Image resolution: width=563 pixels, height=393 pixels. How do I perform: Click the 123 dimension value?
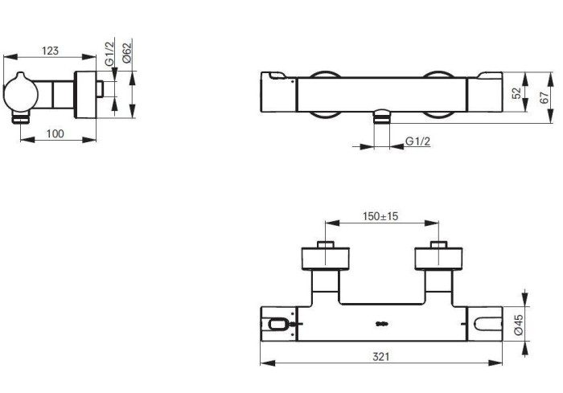pyautogui.click(x=50, y=51)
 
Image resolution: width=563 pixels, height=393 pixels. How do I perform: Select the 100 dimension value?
pyautogui.click(x=55, y=133)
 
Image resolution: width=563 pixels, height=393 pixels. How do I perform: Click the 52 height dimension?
pyautogui.click(x=516, y=92)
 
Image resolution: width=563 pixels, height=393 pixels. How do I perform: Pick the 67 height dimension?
pyautogui.click(x=544, y=97)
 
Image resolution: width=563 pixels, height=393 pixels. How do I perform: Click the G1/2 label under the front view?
pyautogui.click(x=417, y=141)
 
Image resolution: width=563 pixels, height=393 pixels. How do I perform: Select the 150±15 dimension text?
pyautogui.click(x=380, y=216)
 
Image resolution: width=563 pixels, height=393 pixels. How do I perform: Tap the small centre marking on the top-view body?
pyautogui.click(x=381, y=325)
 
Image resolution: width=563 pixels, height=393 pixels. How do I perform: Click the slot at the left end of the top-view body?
pyautogui.click(x=278, y=325)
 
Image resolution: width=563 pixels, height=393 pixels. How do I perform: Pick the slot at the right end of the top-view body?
pyautogui.click(x=487, y=325)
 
